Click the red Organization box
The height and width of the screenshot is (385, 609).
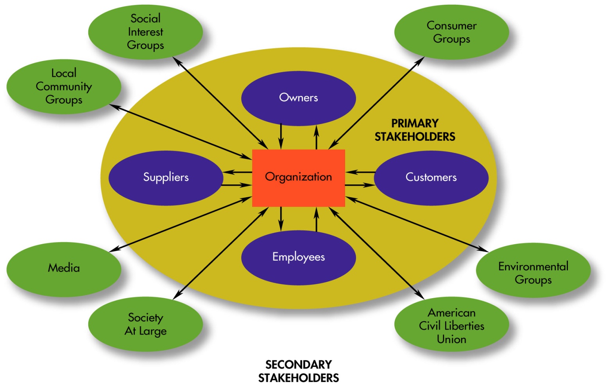click(x=298, y=178)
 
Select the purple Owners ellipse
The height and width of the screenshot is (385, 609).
click(x=298, y=98)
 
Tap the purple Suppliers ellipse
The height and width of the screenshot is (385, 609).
click(x=166, y=178)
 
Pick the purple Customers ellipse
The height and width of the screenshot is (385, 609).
click(x=431, y=178)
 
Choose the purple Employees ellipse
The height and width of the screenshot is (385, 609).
click(x=298, y=257)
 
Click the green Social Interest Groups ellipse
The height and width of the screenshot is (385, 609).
click(x=145, y=32)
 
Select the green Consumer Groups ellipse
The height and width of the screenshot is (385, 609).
click(x=451, y=32)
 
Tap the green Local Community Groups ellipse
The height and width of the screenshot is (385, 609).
click(x=64, y=86)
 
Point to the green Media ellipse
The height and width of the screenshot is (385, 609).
click(x=64, y=268)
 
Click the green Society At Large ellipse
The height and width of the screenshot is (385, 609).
click(x=145, y=324)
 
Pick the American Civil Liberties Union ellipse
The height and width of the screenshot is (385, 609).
click(x=451, y=326)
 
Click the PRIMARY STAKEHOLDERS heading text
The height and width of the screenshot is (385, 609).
click(x=415, y=130)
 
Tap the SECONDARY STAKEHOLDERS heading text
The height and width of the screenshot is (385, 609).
click(x=298, y=371)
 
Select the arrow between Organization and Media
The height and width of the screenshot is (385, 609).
click(x=180, y=225)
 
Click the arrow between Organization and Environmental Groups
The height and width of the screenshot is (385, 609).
click(x=417, y=225)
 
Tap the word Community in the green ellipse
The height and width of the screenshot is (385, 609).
click(x=64, y=86)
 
